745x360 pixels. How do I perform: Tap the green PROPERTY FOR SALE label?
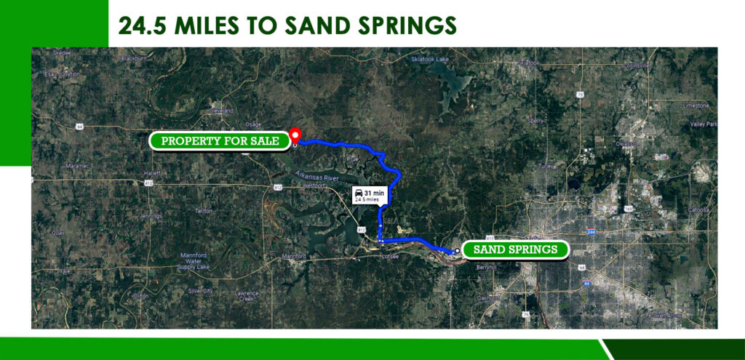pos(219,141)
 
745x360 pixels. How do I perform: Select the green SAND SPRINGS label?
pos(515,249)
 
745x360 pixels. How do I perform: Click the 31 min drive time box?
pos(370,195)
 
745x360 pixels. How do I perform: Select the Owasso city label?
pos(625,144)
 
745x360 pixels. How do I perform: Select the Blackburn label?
pos(135,57)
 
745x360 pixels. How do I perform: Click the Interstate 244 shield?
pos(591,233)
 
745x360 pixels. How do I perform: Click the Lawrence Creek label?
pos(246,296)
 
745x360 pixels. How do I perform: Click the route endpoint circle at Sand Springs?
pos(456,250)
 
